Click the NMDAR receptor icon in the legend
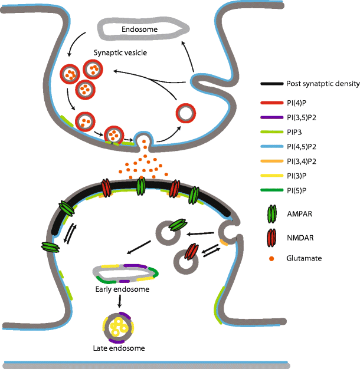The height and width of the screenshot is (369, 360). tap(271, 238)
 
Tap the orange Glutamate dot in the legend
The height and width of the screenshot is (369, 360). tap(271, 258)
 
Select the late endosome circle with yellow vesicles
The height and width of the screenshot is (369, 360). tap(120, 326)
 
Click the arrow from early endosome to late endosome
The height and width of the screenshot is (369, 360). tap(120, 302)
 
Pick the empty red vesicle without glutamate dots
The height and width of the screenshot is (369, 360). tap(186, 112)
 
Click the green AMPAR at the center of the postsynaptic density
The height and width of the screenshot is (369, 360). tap(141, 186)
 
